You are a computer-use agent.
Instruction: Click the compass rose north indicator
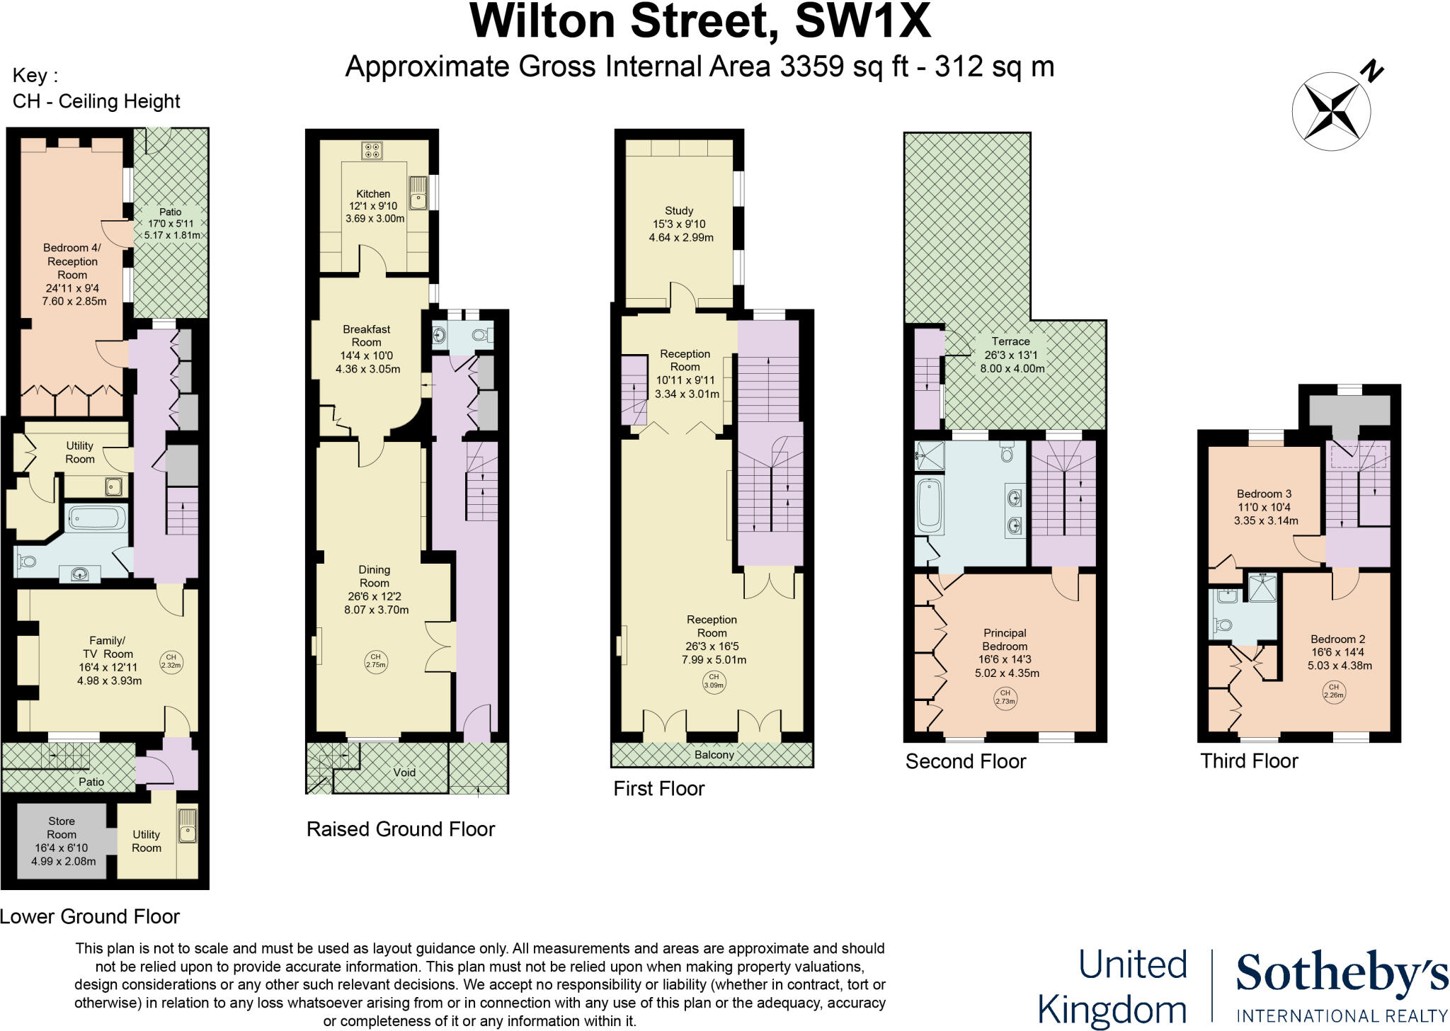[x=1331, y=110]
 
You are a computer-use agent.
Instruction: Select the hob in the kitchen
[x=372, y=151]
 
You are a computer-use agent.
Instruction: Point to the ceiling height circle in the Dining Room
[x=376, y=661]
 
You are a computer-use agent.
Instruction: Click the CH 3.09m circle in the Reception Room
[x=714, y=681]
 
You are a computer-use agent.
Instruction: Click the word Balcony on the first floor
[x=714, y=755]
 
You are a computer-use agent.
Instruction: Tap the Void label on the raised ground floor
[x=404, y=773]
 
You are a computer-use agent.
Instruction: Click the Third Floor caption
[x=1249, y=761]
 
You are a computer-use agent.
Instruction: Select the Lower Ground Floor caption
[x=90, y=916]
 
